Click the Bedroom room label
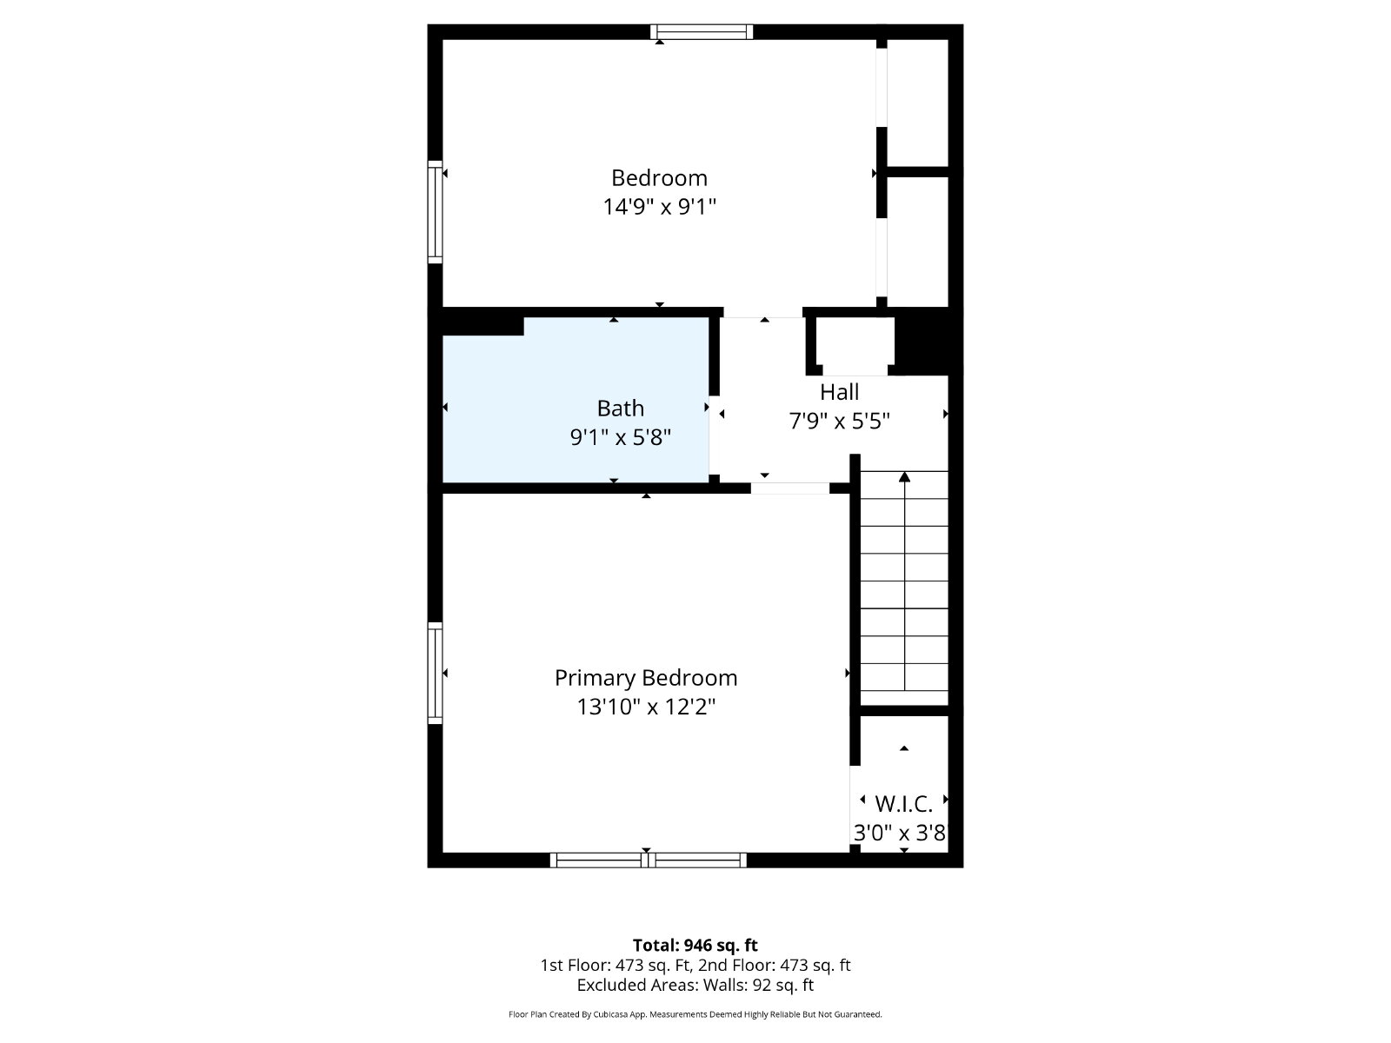(x=659, y=178)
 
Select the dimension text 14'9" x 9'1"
(x=659, y=207)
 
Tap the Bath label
(x=621, y=409)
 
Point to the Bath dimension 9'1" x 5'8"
(x=621, y=437)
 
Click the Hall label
(x=840, y=392)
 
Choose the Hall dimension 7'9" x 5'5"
(x=840, y=421)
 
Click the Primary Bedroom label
(x=646, y=678)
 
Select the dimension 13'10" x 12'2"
(x=646, y=707)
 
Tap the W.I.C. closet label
(x=903, y=804)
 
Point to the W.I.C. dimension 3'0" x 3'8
(x=900, y=833)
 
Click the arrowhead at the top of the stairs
(x=904, y=477)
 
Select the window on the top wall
(x=702, y=31)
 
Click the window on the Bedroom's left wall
(x=435, y=211)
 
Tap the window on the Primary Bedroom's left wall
(x=435, y=673)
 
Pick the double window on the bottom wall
(x=649, y=860)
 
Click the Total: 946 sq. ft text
(x=695, y=946)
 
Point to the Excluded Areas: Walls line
(x=695, y=986)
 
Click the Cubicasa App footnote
(x=695, y=1014)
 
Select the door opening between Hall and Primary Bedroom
(x=790, y=488)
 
